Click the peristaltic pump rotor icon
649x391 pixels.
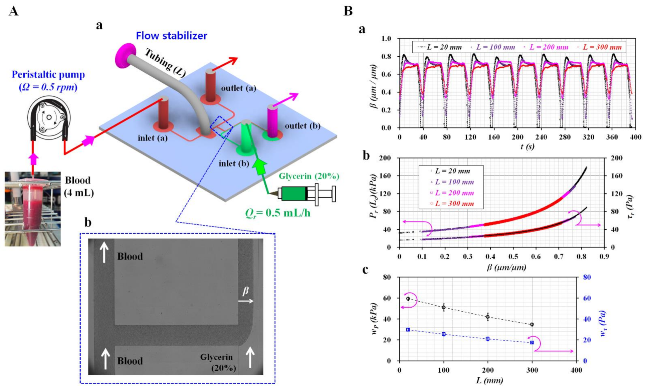[49, 117]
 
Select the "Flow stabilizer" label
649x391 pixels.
[171, 36]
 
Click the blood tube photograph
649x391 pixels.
[33, 209]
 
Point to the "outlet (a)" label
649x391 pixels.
[238, 88]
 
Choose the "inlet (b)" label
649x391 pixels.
[234, 163]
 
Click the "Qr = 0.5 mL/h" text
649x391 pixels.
[278, 213]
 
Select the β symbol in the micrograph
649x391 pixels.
[246, 291]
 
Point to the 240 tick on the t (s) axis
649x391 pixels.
[541, 137]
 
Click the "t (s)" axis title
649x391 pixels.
[527, 146]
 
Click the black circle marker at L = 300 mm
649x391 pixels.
[532, 324]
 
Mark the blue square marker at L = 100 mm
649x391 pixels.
[444, 334]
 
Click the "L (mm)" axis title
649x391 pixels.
[489, 380]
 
